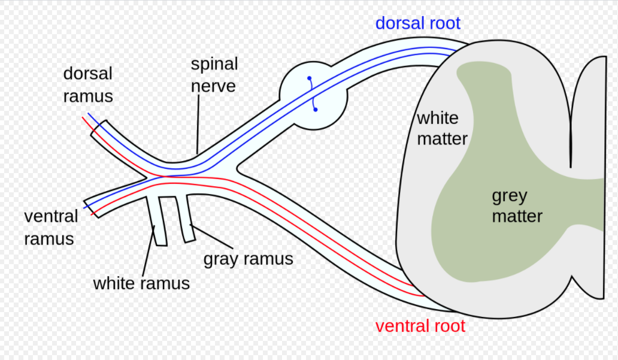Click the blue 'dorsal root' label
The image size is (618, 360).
point(418,23)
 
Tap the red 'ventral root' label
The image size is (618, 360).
point(420,326)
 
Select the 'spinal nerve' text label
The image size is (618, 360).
point(214,75)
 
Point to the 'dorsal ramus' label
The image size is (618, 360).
point(88,85)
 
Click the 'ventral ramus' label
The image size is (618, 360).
point(51,228)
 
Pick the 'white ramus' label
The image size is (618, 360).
point(141,283)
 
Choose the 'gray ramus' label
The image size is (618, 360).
point(249,259)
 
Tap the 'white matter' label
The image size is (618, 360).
point(442,128)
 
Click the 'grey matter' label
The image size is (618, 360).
point(517,206)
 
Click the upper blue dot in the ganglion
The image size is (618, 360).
point(310,78)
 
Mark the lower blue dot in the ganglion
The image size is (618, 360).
point(316,109)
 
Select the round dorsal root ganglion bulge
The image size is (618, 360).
point(313,95)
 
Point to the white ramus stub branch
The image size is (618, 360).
point(157,221)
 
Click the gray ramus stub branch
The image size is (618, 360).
point(185,219)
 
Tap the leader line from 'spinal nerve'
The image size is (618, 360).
point(198,124)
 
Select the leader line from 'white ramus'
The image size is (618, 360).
point(148,251)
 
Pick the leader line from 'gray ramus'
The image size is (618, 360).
point(211,237)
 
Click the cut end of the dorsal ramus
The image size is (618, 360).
point(98,128)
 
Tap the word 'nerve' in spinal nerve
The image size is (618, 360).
point(213,86)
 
